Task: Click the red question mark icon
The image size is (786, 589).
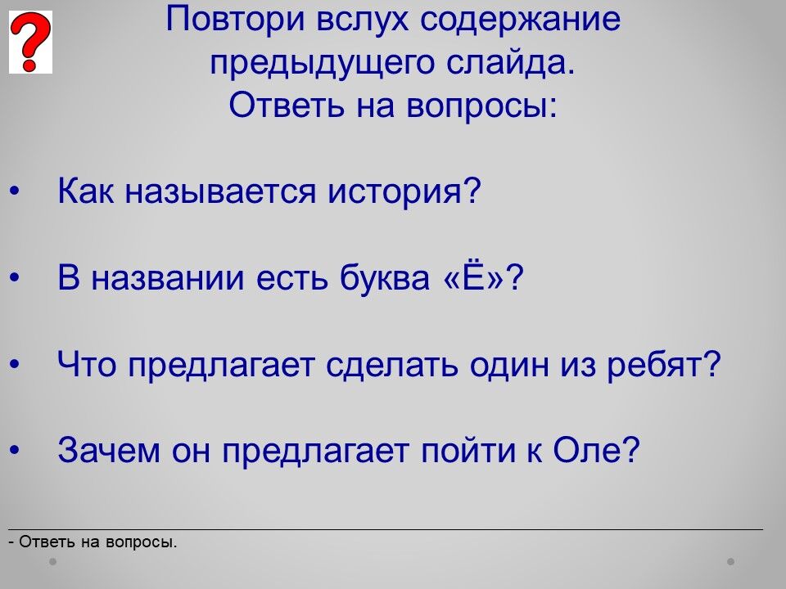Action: [30, 42]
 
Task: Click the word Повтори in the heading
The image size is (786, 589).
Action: [235, 20]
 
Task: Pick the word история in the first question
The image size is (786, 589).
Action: [404, 191]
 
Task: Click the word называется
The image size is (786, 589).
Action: [220, 191]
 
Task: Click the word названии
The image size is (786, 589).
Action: [167, 278]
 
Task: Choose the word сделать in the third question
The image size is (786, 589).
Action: [391, 365]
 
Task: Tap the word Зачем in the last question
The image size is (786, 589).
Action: [109, 449]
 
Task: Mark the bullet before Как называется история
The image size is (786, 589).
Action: [15, 191]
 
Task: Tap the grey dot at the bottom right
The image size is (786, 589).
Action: [731, 562]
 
